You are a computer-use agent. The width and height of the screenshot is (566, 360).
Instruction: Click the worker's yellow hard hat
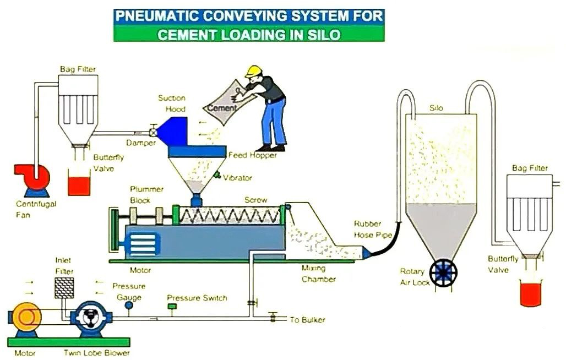pos(254,71)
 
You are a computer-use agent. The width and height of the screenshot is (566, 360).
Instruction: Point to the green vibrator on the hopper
pos(218,176)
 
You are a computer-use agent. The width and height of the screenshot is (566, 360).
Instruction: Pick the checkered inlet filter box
pos(64,287)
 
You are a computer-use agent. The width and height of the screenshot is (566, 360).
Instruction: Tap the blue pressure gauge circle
pos(129,304)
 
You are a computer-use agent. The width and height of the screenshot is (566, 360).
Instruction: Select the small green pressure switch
pos(172,306)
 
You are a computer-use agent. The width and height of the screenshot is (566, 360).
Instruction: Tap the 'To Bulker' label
pos(307,320)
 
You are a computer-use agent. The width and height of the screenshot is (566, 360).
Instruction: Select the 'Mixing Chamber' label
pos(318,274)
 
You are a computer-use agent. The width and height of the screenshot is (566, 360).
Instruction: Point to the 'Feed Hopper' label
pos(253,155)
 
